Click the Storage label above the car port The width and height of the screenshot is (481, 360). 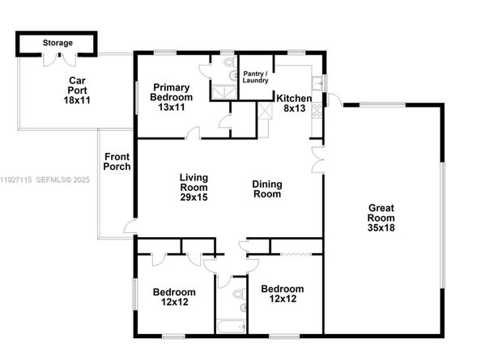click(x=57, y=43)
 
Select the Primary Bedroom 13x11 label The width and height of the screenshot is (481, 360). click(x=171, y=97)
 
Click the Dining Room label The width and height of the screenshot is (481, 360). click(x=267, y=188)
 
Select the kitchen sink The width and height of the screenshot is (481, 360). click(x=321, y=81)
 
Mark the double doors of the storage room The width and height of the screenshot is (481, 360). click(x=57, y=57)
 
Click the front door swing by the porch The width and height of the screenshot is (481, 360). click(x=129, y=226)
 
